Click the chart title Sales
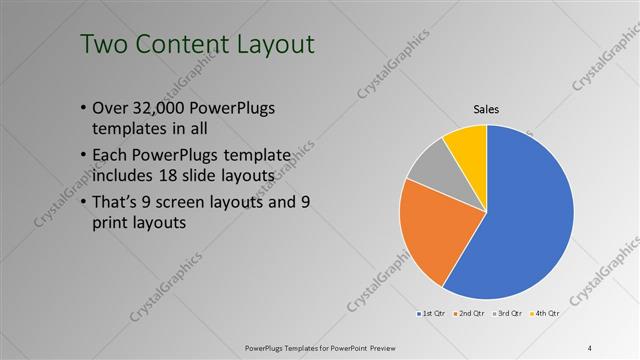(486, 109)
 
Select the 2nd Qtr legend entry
(471, 314)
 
